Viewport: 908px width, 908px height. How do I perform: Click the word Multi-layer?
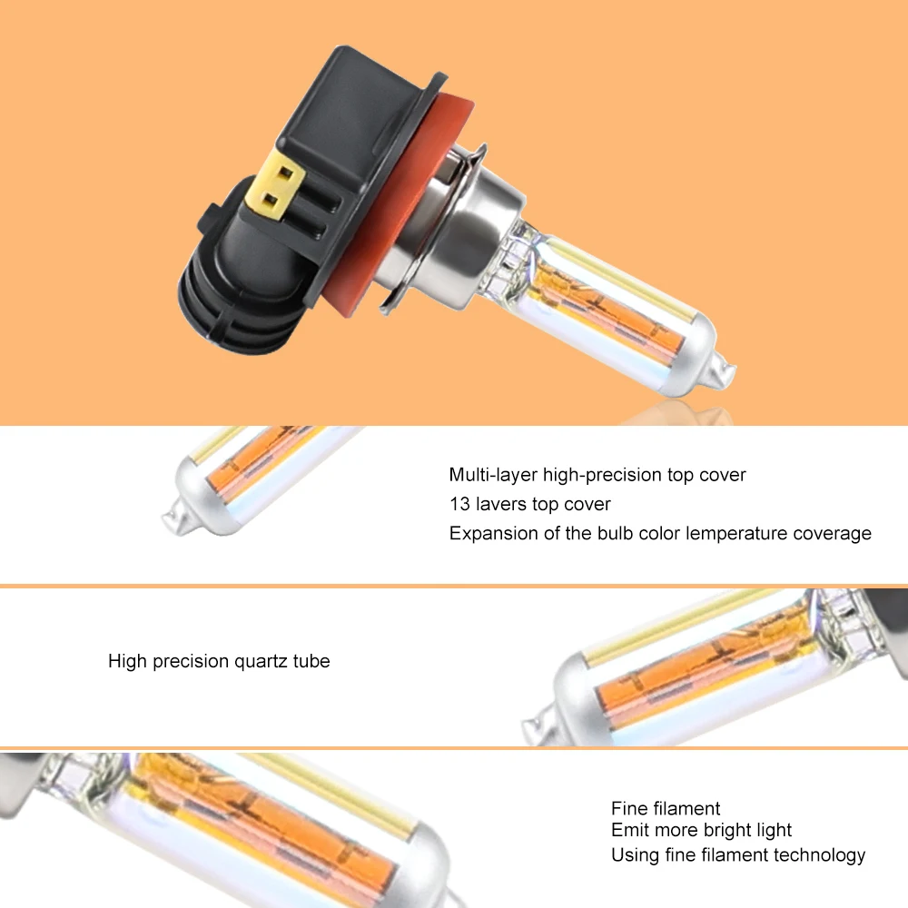(x=493, y=475)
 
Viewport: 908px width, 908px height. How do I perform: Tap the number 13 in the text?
(x=459, y=504)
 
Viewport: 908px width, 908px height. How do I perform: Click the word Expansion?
(x=493, y=533)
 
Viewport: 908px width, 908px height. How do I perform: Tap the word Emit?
(x=629, y=830)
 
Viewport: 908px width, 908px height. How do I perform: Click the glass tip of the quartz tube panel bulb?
(x=536, y=726)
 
